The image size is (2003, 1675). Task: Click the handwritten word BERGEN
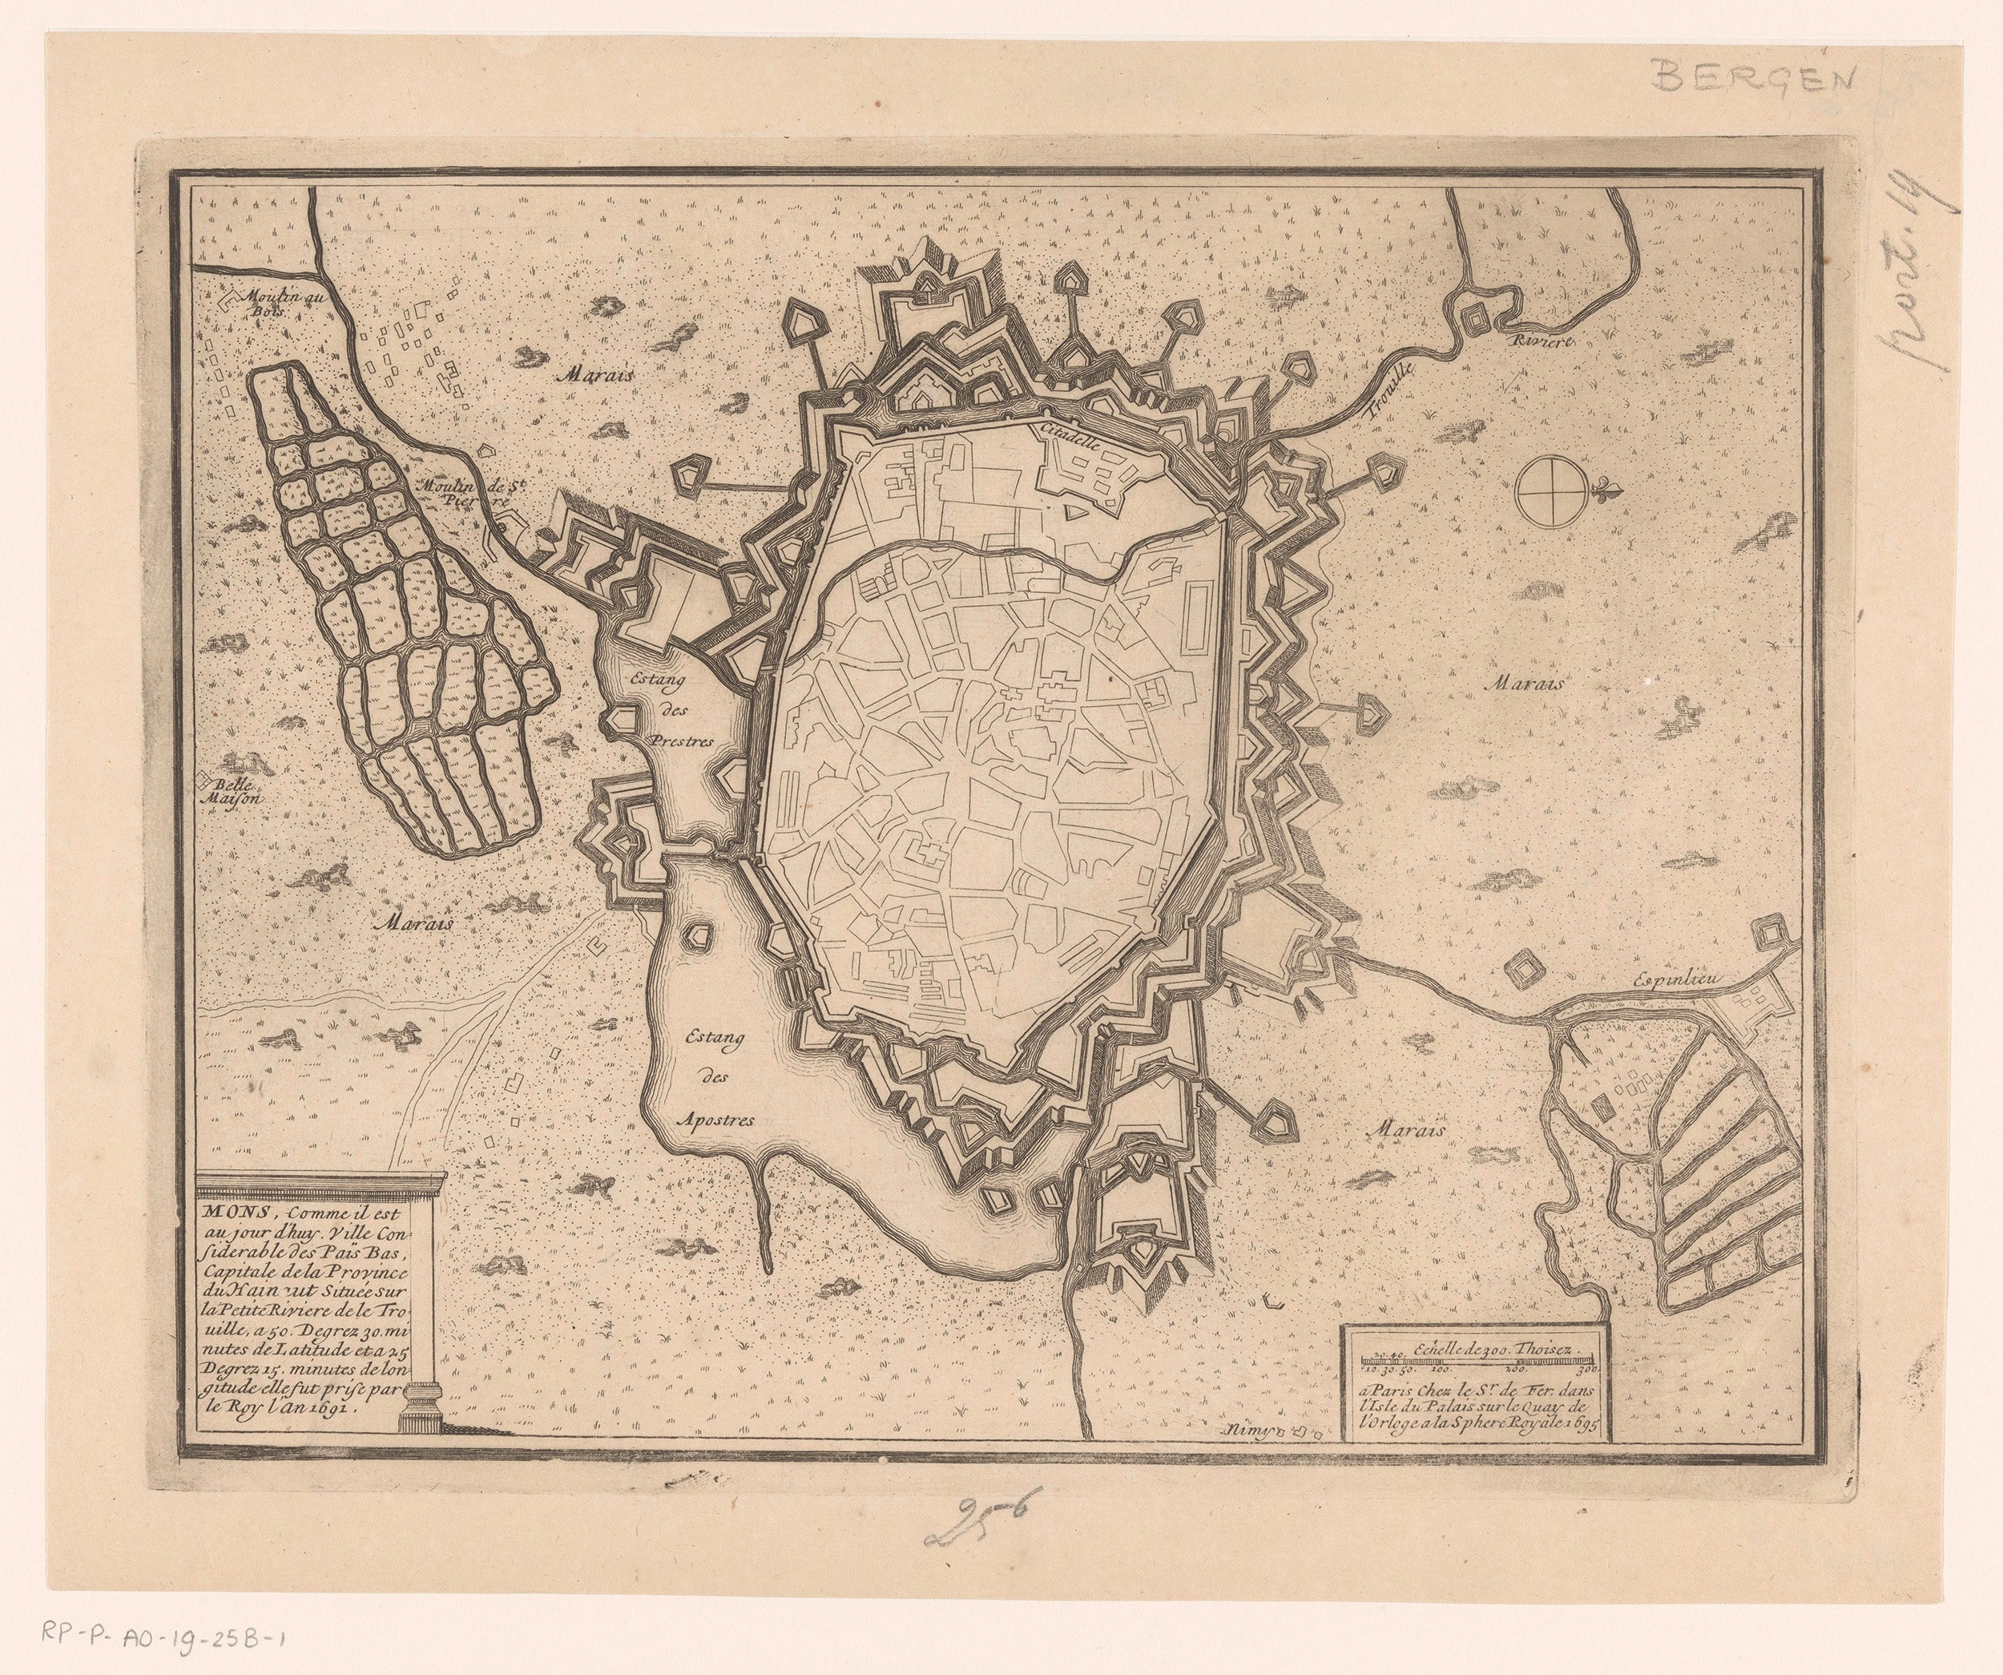point(1754,74)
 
